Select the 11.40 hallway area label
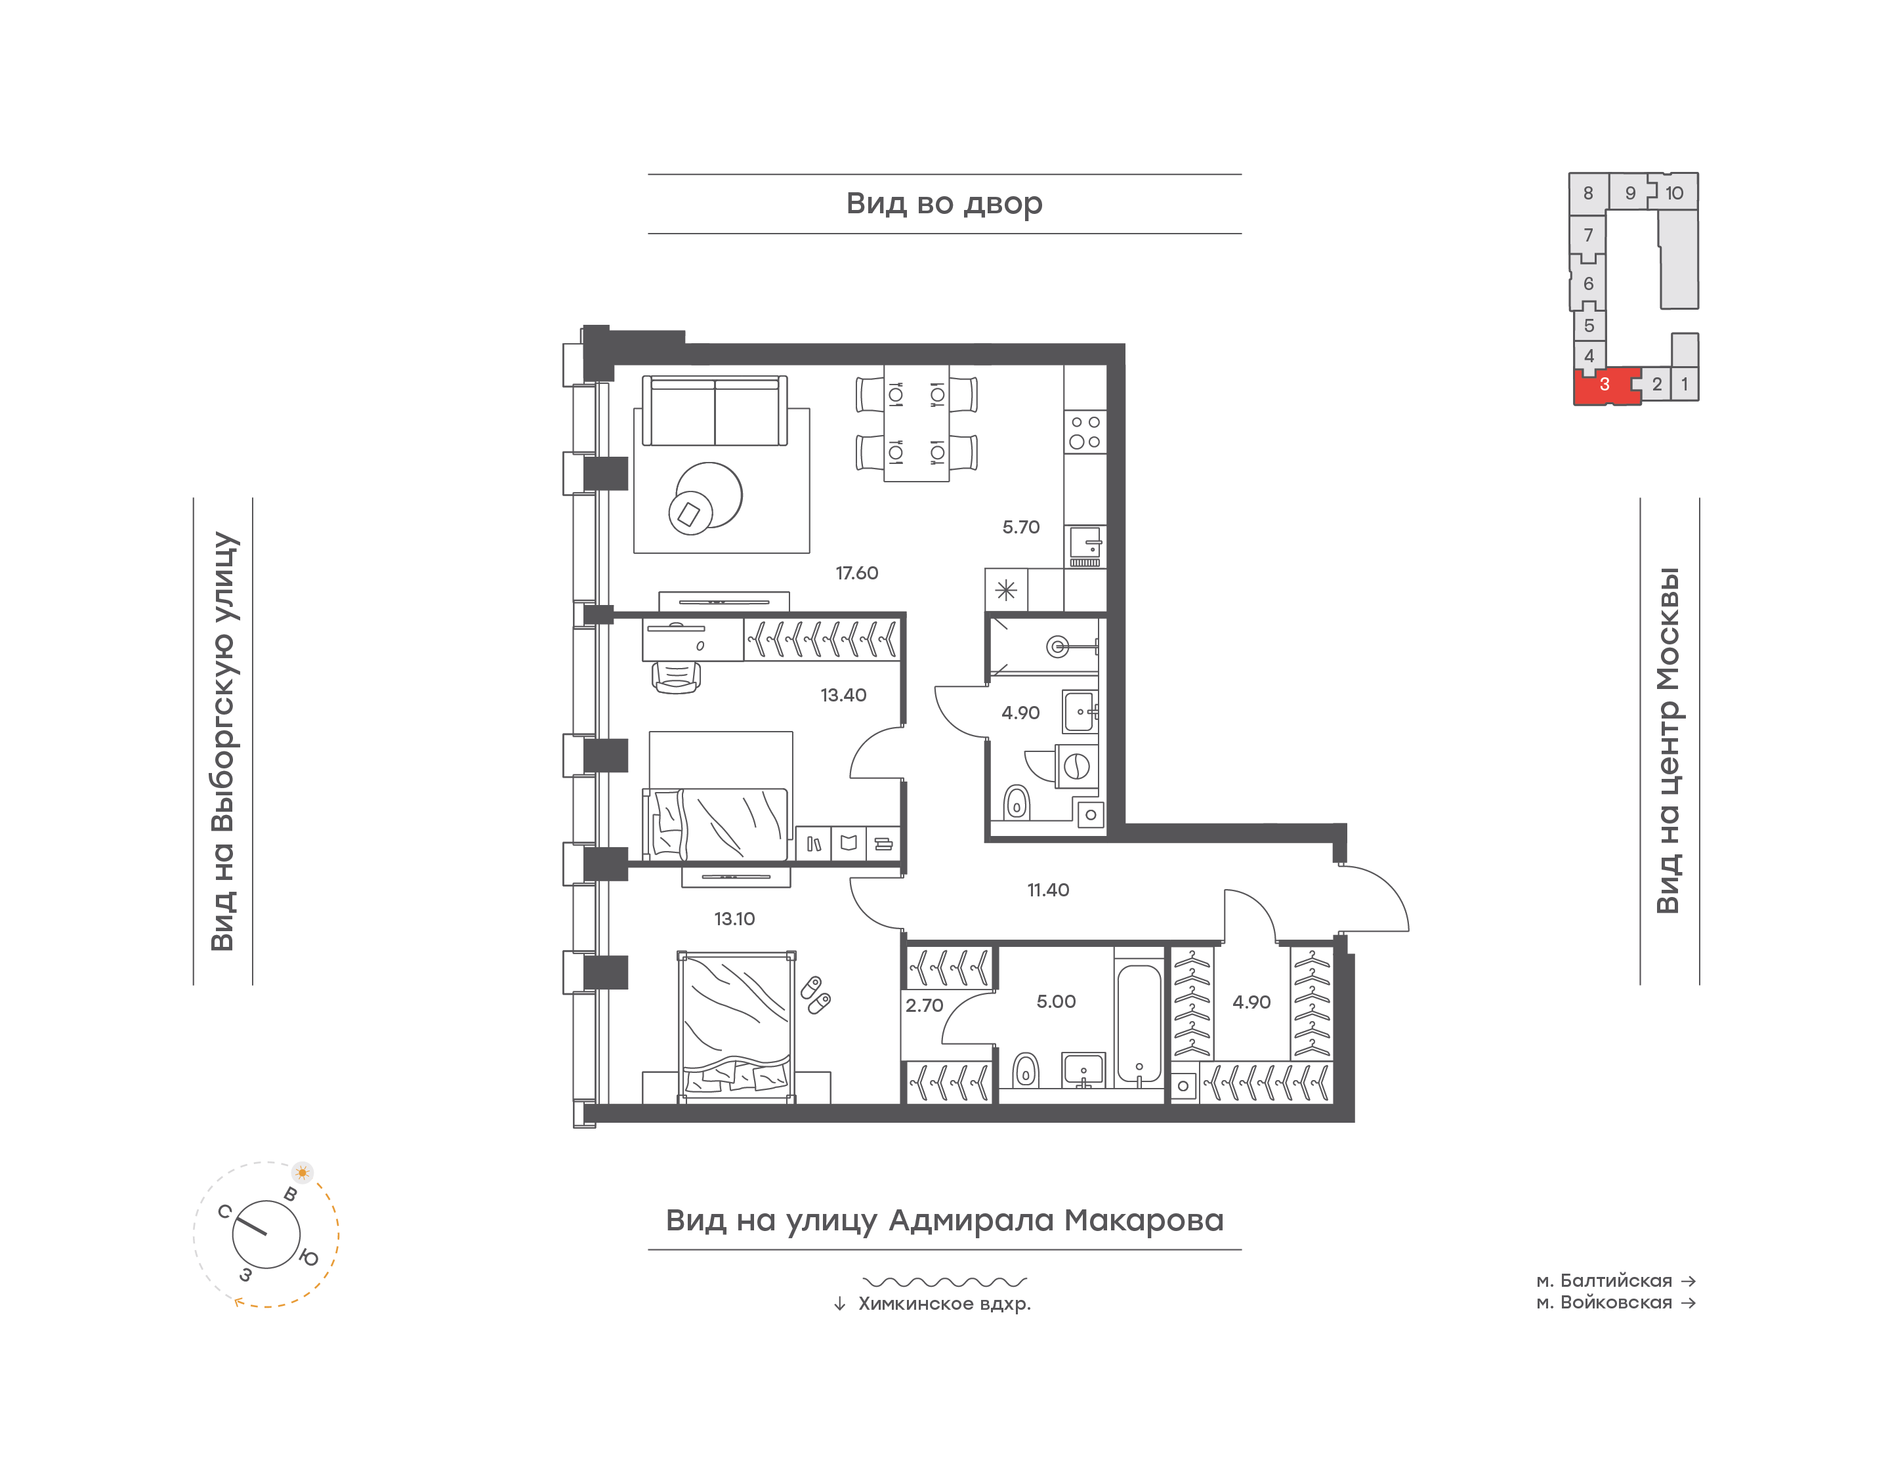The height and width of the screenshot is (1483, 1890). (1048, 890)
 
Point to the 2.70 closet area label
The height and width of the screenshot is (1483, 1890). (924, 1005)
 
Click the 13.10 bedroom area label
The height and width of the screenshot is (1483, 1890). (734, 919)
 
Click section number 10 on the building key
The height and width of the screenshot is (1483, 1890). (1674, 193)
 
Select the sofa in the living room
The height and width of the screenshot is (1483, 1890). (715, 411)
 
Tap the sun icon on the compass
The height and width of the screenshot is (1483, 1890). (302, 1172)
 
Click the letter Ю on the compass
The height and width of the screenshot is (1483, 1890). (308, 1257)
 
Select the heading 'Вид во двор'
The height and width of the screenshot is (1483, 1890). (944, 203)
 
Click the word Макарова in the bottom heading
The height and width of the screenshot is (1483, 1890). (1144, 1220)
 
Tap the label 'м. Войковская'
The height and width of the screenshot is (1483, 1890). (1605, 1303)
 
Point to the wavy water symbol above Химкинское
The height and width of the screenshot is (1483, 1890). (944, 1282)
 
